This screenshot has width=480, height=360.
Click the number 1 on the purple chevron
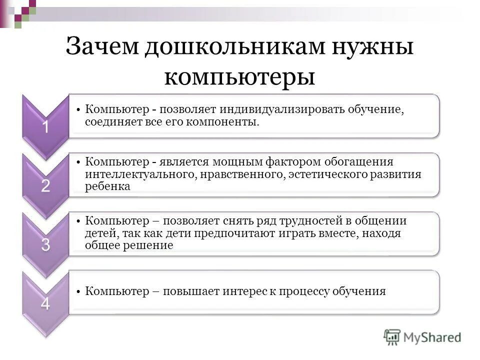[45, 127]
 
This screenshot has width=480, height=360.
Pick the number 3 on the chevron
[45, 245]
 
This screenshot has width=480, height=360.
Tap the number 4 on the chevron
[45, 303]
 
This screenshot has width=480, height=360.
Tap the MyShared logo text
[432, 337]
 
